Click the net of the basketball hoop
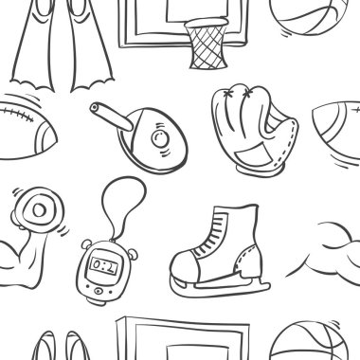click(207, 45)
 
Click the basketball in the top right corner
click(314, 13)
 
